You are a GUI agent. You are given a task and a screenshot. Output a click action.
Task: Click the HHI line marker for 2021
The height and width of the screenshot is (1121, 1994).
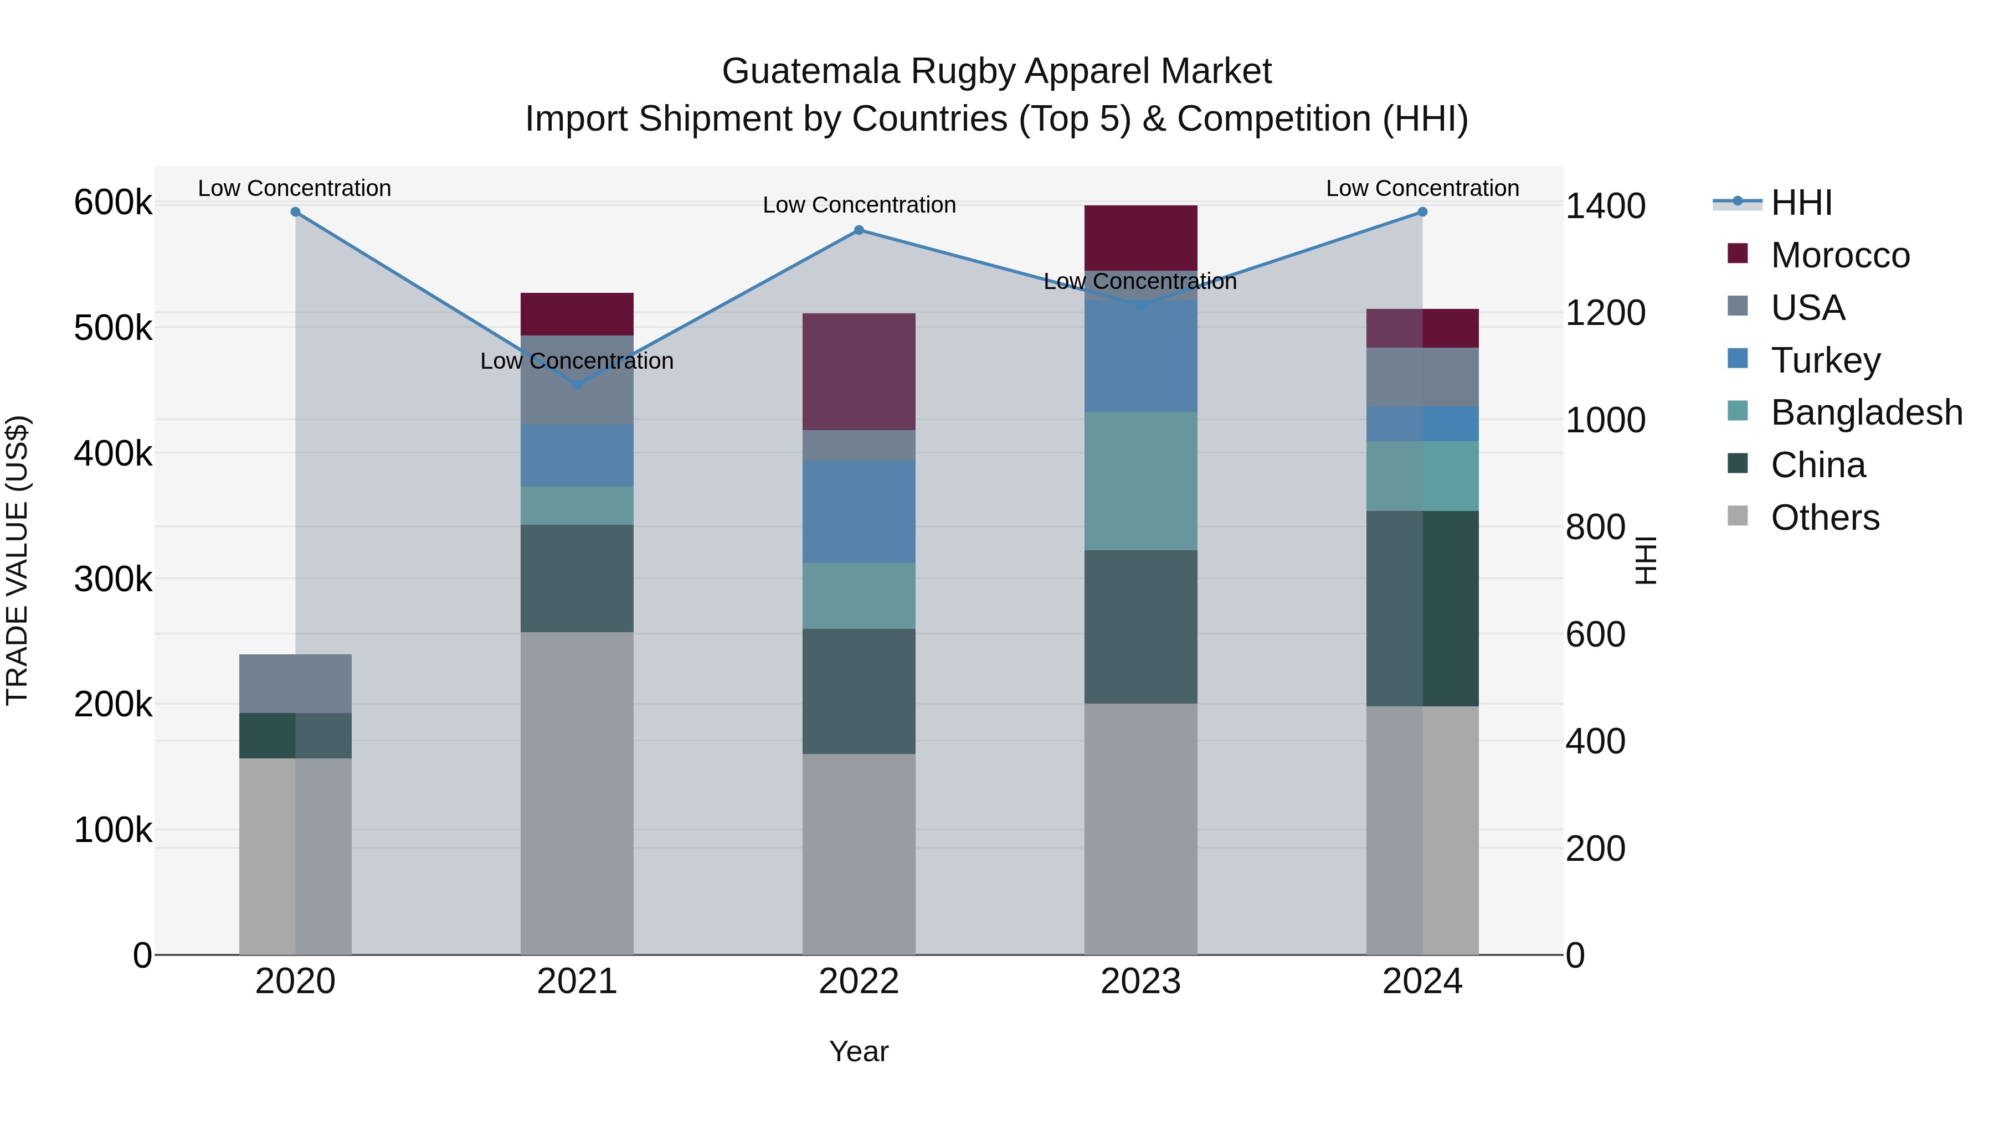coord(577,385)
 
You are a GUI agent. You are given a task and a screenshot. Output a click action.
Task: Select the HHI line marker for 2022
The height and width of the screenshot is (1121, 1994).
coord(859,230)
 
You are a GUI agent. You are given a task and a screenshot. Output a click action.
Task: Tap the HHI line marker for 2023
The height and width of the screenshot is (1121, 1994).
coord(1140,305)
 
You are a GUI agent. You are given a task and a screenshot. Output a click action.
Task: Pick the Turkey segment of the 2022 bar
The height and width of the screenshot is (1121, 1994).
coord(859,512)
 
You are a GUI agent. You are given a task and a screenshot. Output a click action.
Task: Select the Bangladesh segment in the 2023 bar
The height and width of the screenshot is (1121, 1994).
coord(1140,481)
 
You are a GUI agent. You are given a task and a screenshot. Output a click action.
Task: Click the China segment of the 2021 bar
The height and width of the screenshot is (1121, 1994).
coord(577,578)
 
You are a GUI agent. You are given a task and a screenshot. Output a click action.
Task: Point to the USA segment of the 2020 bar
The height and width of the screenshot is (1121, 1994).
coord(295,683)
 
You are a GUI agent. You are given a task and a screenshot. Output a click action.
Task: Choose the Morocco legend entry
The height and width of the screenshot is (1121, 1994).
coord(1840,255)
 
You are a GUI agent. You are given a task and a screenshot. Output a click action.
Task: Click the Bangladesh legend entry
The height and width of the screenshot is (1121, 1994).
coord(1866,412)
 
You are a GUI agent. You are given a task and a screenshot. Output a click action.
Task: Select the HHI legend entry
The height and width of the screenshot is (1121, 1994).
coord(1801,203)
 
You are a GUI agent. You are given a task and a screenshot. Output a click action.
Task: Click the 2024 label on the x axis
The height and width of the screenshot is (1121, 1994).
coord(1422,981)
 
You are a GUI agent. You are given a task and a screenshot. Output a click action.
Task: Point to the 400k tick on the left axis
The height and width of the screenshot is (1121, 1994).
coord(113,453)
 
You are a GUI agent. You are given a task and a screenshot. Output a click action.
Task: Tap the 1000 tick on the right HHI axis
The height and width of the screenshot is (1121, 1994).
coord(1605,420)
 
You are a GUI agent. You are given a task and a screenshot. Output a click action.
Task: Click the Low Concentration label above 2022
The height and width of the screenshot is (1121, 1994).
coord(859,205)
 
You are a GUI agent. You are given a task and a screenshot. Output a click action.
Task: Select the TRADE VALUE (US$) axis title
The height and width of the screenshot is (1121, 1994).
coord(17,560)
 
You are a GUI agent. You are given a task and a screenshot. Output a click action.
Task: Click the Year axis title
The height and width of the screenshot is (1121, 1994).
coord(859,1051)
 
